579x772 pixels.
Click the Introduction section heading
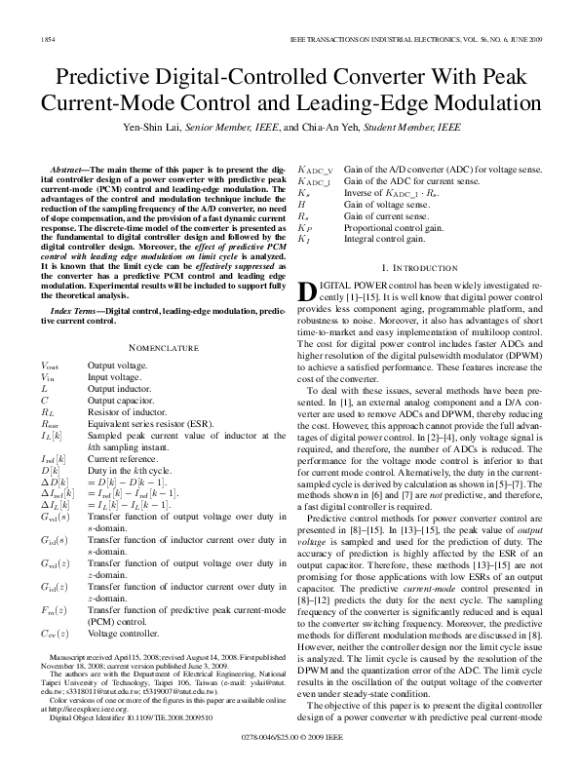[x=420, y=267]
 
